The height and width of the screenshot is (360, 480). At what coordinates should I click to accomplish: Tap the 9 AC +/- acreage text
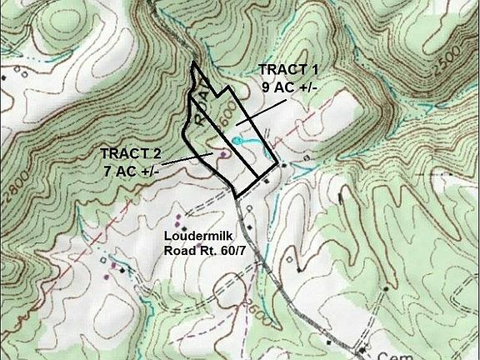point(289,86)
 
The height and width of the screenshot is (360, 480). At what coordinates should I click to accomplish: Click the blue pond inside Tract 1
point(237,142)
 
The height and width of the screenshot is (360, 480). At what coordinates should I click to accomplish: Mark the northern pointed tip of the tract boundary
point(193,62)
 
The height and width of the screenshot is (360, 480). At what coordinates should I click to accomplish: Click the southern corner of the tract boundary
point(239,197)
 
